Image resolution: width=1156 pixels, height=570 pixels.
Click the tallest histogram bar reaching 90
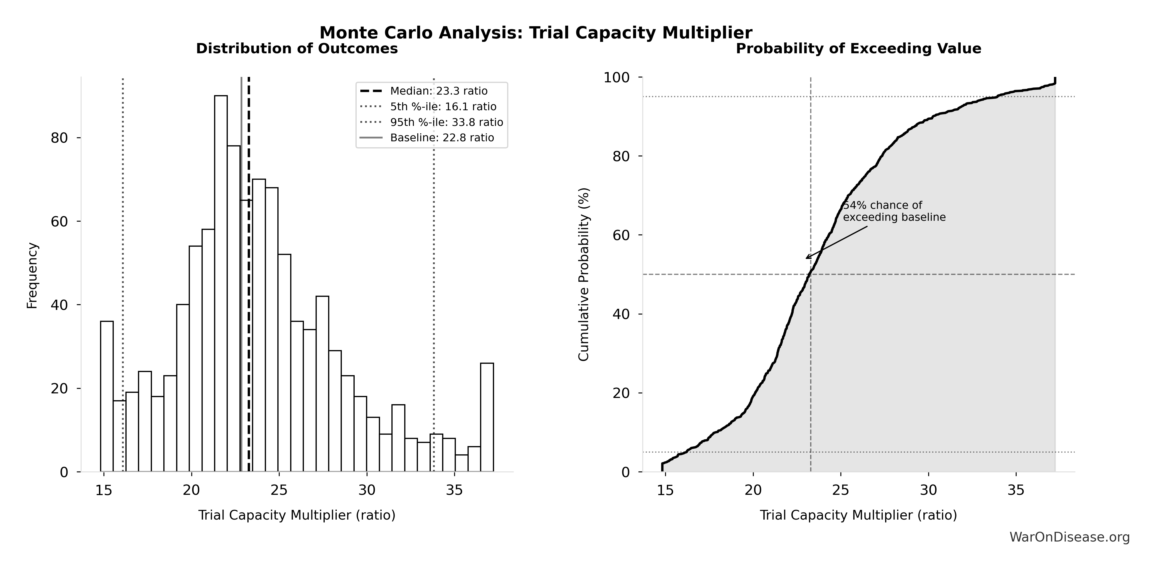click(x=221, y=283)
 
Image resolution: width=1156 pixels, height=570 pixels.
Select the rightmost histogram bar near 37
click(x=487, y=417)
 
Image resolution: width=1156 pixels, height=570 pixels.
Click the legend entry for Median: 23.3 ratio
click(x=438, y=91)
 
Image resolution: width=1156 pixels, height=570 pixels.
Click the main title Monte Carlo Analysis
click(x=536, y=33)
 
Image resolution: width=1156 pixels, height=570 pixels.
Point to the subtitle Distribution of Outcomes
click(x=297, y=48)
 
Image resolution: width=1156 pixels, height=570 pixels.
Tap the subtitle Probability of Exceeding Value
click(x=858, y=48)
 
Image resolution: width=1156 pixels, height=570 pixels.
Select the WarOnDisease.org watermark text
click(x=1069, y=537)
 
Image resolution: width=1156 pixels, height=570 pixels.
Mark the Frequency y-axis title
click(x=32, y=275)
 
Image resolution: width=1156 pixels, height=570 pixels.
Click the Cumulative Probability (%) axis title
click(x=583, y=275)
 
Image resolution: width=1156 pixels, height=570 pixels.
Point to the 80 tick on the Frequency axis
click(x=59, y=138)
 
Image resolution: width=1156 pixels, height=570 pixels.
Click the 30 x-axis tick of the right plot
click(x=929, y=490)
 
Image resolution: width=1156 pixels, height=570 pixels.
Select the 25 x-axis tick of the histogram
click(x=279, y=490)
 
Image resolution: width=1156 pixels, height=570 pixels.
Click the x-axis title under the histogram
click(x=297, y=515)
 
